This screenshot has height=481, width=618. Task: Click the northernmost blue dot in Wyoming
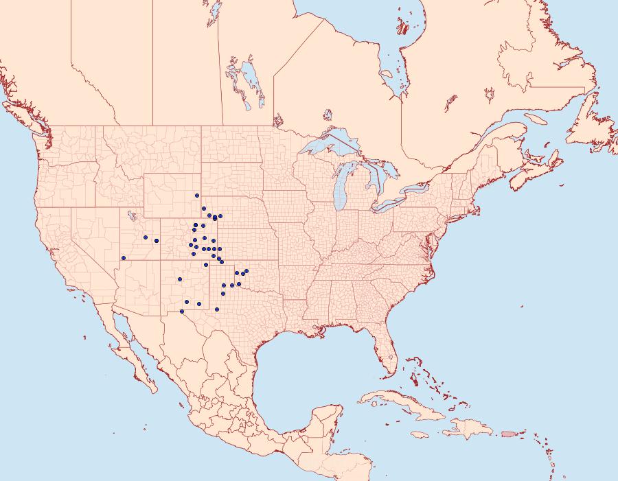[x=196, y=196]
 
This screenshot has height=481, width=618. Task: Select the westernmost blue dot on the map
[x=124, y=258]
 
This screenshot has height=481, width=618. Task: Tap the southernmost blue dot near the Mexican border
[x=182, y=312]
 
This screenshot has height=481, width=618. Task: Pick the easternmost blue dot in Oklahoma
[x=247, y=271]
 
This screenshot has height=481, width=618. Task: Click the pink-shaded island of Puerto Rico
[x=508, y=433]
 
